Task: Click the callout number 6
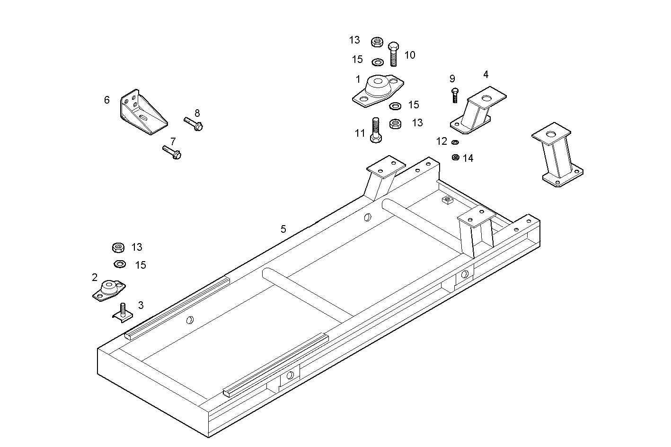(x=107, y=100)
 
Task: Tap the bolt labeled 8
(x=194, y=124)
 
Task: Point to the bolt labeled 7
(x=172, y=152)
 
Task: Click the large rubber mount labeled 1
(x=377, y=89)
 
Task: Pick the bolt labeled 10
(x=394, y=54)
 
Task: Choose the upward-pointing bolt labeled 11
(x=376, y=130)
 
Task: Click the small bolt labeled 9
(x=455, y=95)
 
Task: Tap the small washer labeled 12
(x=455, y=142)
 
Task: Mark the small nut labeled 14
(x=455, y=157)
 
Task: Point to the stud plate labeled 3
(x=122, y=312)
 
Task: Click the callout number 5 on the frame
(x=283, y=229)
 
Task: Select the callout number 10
(x=410, y=55)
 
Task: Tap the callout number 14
(x=468, y=158)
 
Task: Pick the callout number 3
(x=141, y=306)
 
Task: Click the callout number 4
(x=486, y=74)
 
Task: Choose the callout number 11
(x=360, y=133)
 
